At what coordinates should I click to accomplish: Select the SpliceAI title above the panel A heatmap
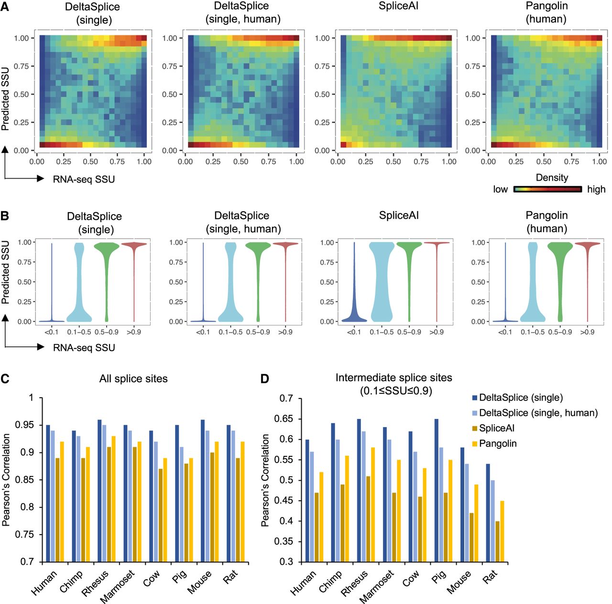coord(399,7)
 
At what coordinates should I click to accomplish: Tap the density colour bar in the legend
coord(547,189)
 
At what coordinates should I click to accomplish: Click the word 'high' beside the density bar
coord(596,189)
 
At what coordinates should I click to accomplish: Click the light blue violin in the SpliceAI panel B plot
coord(382,282)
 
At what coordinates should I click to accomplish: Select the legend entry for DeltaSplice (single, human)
coord(538,413)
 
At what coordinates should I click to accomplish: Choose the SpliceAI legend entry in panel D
coord(496,428)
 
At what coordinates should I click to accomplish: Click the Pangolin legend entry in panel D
coord(497,443)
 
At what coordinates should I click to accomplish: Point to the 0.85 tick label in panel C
coord(24,480)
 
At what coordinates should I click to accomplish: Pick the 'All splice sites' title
coord(133,379)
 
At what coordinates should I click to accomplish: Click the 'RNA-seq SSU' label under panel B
coord(84,348)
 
